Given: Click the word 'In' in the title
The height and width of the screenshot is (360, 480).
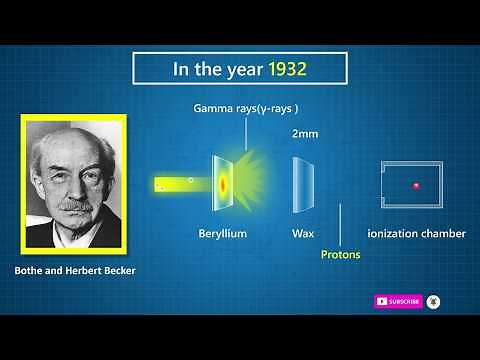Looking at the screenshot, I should (x=183, y=70).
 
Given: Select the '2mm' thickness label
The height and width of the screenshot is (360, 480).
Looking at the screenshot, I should (x=305, y=133).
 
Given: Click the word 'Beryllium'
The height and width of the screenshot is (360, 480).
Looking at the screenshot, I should (x=222, y=234).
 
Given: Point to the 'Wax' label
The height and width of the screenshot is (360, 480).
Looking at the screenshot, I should (x=303, y=234).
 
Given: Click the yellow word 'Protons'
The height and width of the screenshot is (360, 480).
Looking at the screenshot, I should (x=340, y=255).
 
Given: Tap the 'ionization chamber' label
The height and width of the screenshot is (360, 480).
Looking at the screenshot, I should (x=416, y=234).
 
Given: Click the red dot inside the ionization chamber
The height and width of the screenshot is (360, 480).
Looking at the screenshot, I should (x=415, y=185).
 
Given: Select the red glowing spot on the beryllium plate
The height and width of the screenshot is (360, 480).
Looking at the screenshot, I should (x=223, y=184).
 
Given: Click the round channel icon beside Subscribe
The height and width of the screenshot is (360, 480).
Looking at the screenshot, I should (x=433, y=301).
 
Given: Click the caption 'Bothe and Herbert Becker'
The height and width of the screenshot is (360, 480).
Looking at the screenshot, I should (x=74, y=271).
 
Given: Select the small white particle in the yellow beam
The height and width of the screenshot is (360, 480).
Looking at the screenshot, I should (x=190, y=181).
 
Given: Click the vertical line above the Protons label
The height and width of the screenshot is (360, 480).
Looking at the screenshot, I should (x=340, y=225).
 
